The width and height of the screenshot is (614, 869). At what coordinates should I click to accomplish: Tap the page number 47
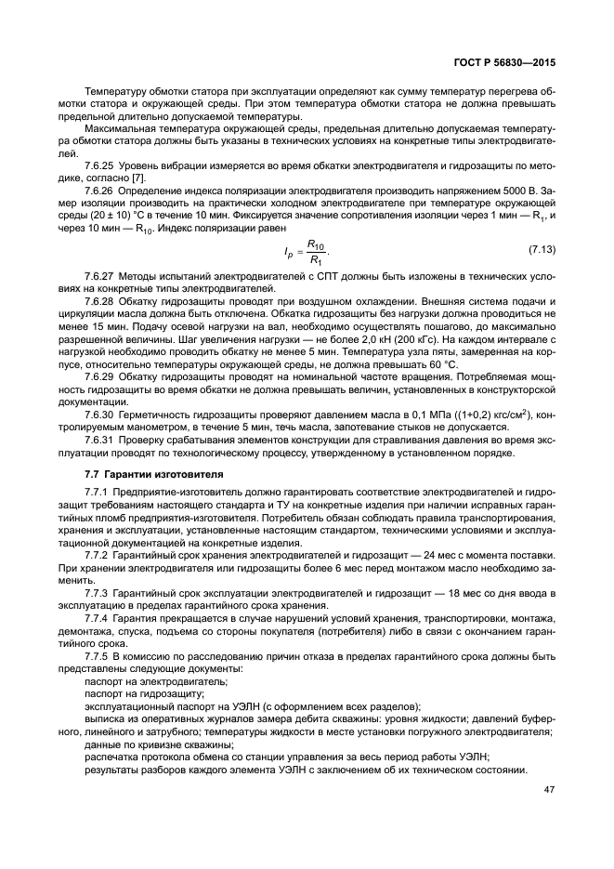coord(548,790)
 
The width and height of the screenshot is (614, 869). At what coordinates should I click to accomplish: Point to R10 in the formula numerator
coord(316,244)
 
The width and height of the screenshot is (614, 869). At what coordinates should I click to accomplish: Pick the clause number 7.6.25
coord(99,165)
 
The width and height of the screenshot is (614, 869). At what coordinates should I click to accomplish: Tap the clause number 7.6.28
coord(99,303)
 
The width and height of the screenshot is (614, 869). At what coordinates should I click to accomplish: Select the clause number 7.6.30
coord(99,413)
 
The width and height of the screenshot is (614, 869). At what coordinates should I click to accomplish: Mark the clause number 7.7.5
coord(97,656)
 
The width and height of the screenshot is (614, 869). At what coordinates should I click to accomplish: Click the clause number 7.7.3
coord(97,592)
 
